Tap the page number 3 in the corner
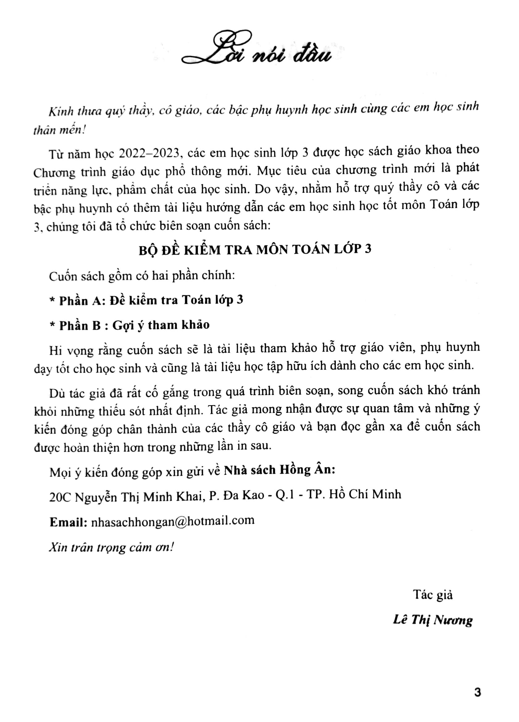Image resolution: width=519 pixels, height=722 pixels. pos(477,692)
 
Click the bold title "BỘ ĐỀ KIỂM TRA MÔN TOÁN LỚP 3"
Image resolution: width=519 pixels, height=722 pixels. pos(255,249)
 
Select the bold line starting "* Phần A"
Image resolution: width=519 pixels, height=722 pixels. pos(146,300)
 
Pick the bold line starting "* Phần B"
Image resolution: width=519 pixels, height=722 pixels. pos(129,325)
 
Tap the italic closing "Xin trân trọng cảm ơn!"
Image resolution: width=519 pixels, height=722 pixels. pos(112,547)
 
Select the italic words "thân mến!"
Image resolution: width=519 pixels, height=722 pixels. pos(59,131)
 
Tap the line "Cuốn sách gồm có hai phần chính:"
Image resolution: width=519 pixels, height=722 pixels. pos(142,276)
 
